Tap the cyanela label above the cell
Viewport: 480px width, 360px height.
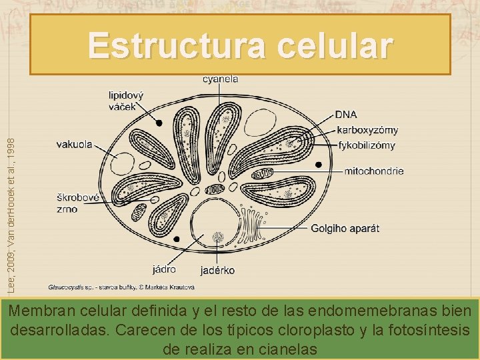click(220, 79)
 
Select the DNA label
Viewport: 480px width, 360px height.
click(346, 115)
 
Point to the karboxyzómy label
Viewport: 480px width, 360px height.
click(368, 129)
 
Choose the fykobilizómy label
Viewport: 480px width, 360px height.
click(367, 145)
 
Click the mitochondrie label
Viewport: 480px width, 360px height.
click(373, 171)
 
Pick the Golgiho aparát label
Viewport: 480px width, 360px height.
click(345, 228)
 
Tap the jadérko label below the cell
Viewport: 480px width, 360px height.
click(217, 271)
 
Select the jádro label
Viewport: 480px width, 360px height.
click(164, 269)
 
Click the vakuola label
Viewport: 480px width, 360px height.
click(75, 143)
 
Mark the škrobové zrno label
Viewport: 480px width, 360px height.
click(77, 203)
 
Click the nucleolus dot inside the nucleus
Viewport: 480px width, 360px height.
click(217, 237)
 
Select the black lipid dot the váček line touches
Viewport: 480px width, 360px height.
click(159, 123)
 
